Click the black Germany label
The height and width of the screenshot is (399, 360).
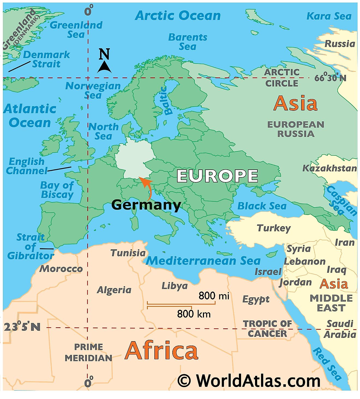[x=146, y=205]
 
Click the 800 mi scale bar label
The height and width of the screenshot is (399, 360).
[x=214, y=296]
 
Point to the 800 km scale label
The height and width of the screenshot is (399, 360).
[x=194, y=314]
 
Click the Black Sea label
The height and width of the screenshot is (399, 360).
[x=262, y=206]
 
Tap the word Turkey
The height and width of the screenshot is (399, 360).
[x=274, y=228]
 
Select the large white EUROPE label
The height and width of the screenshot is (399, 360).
[x=217, y=176]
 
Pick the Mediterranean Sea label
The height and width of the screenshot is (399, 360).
[x=203, y=261]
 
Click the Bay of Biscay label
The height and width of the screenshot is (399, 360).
[x=57, y=190]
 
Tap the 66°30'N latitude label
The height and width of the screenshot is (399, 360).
[x=330, y=78]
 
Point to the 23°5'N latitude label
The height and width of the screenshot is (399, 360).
[x=22, y=327]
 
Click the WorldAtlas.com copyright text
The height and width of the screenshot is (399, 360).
[x=249, y=380]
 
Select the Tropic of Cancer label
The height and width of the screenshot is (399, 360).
[x=267, y=329]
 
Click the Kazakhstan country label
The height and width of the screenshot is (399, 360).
[x=329, y=168]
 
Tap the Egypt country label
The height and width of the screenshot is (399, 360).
[x=256, y=299]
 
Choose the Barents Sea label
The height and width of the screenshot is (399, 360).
[x=188, y=42]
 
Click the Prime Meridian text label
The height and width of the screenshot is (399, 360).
[x=88, y=352]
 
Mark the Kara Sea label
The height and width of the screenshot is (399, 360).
[x=329, y=16]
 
